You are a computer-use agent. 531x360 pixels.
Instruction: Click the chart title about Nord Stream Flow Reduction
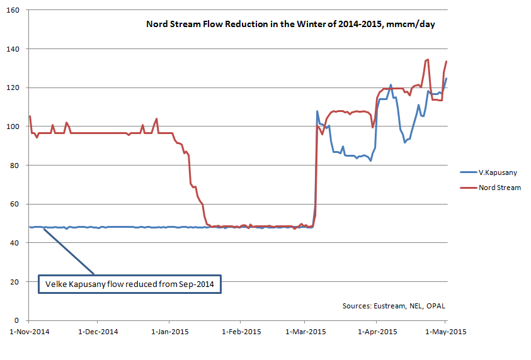(291, 25)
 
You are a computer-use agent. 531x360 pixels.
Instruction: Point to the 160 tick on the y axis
(14, 11)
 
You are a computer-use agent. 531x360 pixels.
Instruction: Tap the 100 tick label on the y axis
(14, 127)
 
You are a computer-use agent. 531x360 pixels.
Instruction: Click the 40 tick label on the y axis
(16, 243)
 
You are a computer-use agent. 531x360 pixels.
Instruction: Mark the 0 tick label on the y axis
(18, 320)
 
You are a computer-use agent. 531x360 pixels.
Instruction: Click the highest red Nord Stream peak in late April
(428, 60)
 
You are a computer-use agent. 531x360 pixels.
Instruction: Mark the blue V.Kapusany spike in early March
(317, 111)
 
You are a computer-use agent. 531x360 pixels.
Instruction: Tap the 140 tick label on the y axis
(14, 49)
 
